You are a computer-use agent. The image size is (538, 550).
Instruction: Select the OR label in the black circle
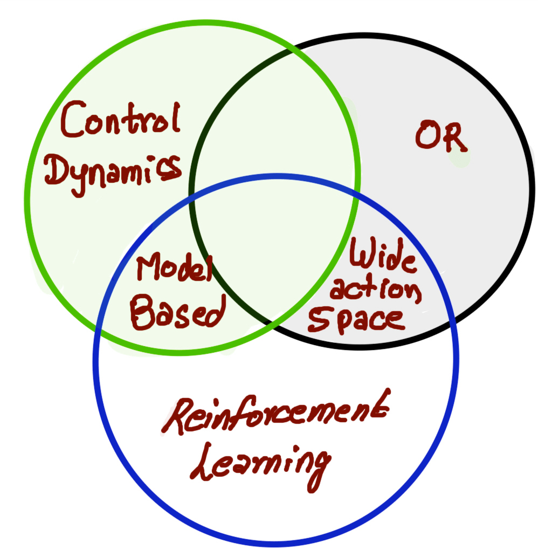point(440,137)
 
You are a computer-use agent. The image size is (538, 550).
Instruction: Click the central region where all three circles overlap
point(275,243)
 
